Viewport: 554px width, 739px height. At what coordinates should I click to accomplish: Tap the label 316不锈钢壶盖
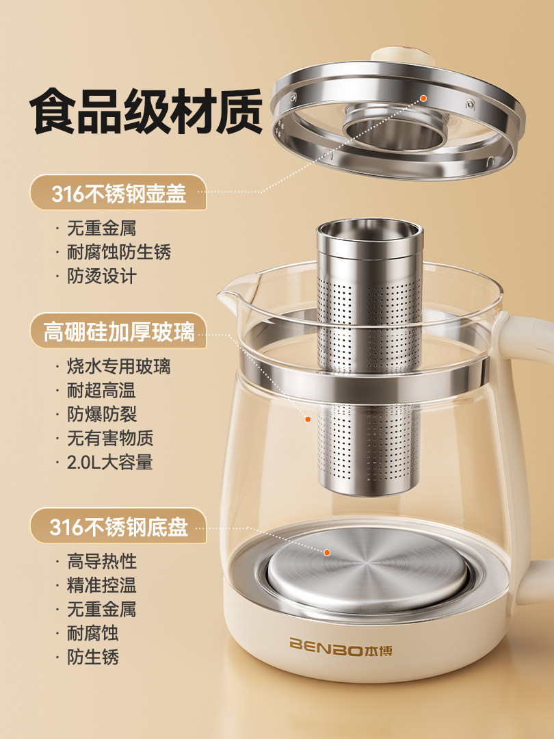118,194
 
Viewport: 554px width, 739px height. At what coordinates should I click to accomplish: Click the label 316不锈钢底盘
118,528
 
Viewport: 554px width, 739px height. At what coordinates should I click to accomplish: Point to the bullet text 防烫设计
101,276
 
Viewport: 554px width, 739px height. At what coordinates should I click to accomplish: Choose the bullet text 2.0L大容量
109,462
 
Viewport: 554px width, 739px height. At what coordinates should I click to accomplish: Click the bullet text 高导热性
101,562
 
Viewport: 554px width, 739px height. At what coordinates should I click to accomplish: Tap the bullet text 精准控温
101,586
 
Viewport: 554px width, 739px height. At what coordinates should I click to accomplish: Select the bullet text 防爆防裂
101,414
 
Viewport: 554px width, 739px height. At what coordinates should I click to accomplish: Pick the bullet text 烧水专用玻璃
118,366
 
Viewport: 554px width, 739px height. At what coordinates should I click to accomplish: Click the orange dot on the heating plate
328,552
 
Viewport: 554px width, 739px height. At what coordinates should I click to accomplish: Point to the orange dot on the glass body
308,419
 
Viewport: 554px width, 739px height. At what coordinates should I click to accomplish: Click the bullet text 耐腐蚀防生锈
118,252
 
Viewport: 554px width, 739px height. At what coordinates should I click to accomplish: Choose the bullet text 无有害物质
109,438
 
